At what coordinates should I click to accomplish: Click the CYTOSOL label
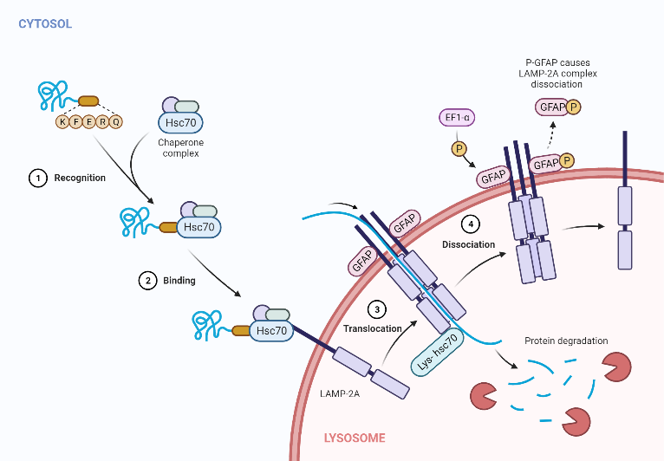pyautogui.click(x=45, y=23)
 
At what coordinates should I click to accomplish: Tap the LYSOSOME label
pyautogui.click(x=355, y=438)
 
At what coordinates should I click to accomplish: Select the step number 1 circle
pyautogui.click(x=37, y=178)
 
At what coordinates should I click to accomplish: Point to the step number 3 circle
pyautogui.click(x=375, y=308)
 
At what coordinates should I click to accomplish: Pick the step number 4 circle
pyautogui.click(x=470, y=224)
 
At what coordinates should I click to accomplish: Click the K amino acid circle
pyautogui.click(x=62, y=122)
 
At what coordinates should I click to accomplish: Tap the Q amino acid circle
pyautogui.click(x=116, y=122)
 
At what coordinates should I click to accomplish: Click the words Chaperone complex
pyautogui.click(x=179, y=147)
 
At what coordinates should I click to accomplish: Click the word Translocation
pyautogui.click(x=372, y=329)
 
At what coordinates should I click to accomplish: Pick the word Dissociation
pyautogui.click(x=468, y=244)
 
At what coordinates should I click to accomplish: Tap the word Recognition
pyautogui.click(x=80, y=178)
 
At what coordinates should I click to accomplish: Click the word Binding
pyautogui.click(x=179, y=281)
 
